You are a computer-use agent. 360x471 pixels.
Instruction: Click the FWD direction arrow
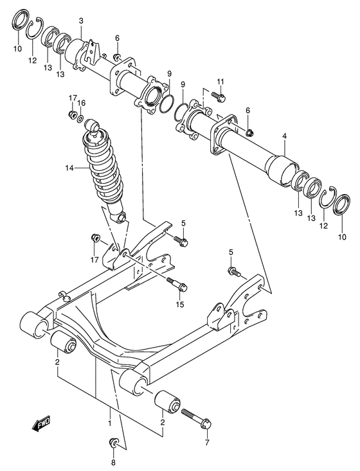pyautogui.click(x=41, y=423)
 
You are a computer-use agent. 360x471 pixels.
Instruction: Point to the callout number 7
pyautogui.click(x=207, y=443)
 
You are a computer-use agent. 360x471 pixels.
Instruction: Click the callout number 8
pyautogui.click(x=114, y=462)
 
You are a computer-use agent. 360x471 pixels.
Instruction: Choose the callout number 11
pyautogui.click(x=221, y=81)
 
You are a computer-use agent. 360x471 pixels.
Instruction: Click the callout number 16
pyautogui.click(x=82, y=103)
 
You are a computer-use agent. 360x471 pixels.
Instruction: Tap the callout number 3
pyautogui.click(x=81, y=21)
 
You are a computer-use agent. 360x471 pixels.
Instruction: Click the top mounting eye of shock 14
pyautogui.click(x=94, y=123)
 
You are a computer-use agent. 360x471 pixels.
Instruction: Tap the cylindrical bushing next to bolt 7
pyautogui.click(x=168, y=404)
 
